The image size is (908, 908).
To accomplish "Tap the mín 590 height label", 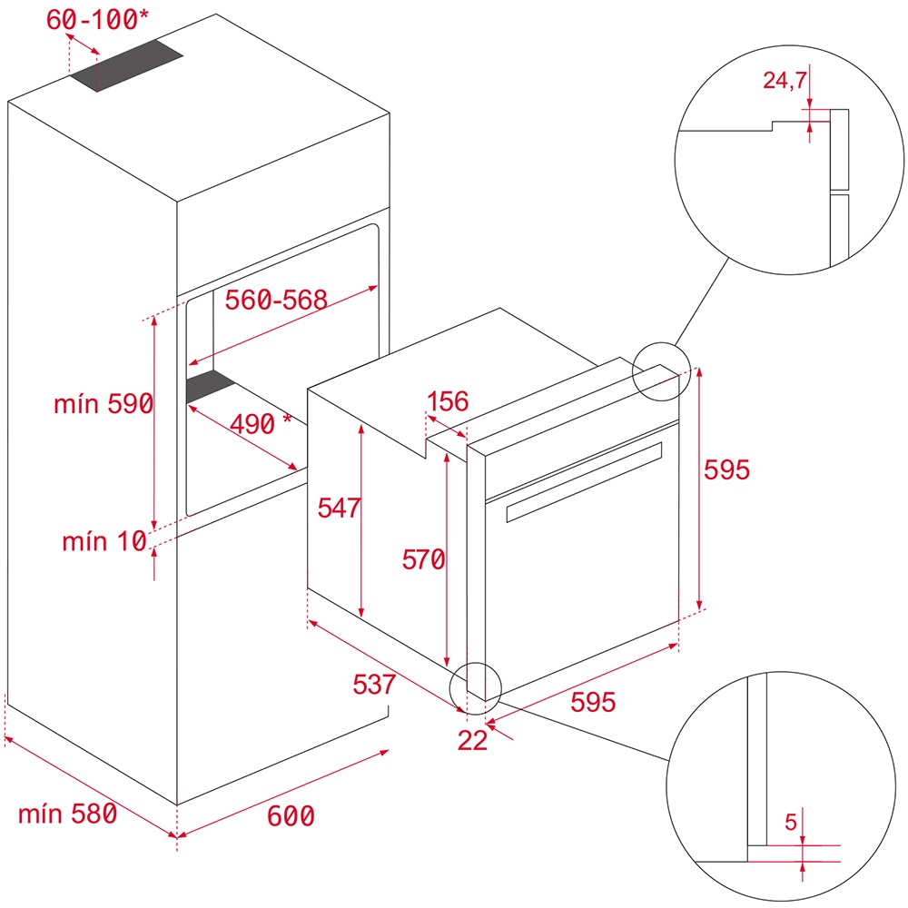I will coord(103,405).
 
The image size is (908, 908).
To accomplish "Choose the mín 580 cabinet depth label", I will coord(67,814).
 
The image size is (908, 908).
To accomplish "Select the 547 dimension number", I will coord(339,508).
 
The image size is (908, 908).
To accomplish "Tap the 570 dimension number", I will coord(423,560).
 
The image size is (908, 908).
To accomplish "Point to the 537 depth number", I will coord(374,684).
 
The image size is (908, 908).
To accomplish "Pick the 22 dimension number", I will coord(472,740).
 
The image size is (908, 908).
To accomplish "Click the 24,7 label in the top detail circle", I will coord(785,82).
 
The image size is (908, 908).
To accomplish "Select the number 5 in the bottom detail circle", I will coord(790,824).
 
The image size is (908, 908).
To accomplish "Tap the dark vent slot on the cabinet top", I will coord(127,68).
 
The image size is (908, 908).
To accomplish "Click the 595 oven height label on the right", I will coord(727,469).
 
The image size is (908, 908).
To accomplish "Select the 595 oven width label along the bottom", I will coord(593,702).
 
